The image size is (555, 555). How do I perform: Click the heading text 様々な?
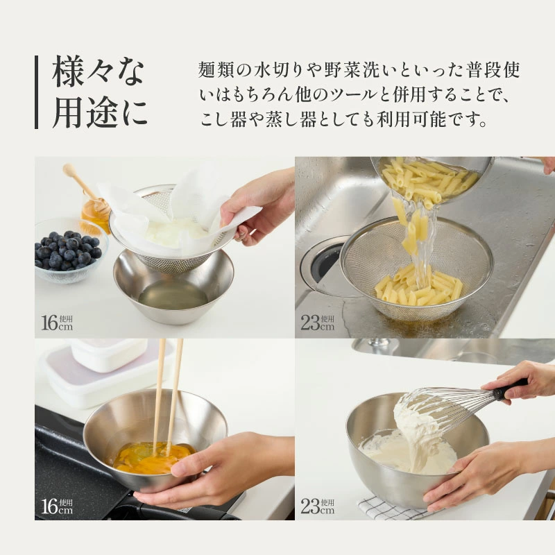[x=99, y=74]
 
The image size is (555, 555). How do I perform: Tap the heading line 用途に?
[x=100, y=112]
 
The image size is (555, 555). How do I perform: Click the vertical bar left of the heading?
[x=37, y=92]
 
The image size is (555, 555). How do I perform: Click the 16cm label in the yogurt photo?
[x=57, y=323]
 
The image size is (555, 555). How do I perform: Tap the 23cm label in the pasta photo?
[x=318, y=323]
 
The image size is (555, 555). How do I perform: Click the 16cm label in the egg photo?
[x=57, y=506]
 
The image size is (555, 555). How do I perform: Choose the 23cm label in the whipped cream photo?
[x=318, y=506]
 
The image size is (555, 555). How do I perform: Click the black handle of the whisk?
[x=510, y=388]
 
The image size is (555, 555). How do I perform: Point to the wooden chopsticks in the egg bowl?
[x=168, y=396]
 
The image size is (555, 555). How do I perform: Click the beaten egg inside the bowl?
[x=154, y=458]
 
